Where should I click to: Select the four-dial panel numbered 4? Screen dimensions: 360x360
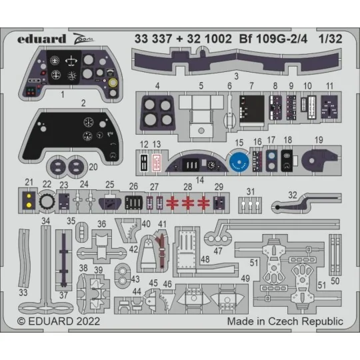157,111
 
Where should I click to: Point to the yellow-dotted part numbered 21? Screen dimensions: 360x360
29,200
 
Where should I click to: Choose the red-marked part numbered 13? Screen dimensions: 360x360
157,162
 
